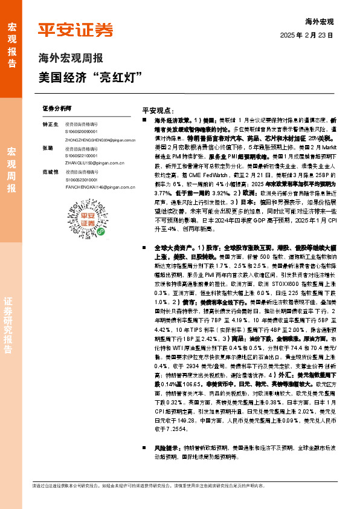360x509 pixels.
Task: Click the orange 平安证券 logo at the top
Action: [76, 30]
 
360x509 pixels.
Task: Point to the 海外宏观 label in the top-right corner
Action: [319, 21]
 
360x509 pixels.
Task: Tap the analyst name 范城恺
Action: [50, 172]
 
